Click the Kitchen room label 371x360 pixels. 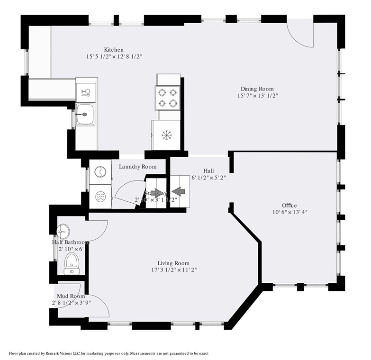(x=114, y=50)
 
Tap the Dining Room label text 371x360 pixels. (x=257, y=89)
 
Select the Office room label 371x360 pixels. (x=289, y=205)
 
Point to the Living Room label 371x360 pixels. (x=173, y=263)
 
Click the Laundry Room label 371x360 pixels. (x=137, y=167)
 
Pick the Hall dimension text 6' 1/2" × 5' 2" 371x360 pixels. (x=208, y=178)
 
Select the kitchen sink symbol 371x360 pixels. (x=85, y=115)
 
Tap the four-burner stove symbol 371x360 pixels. (x=168, y=97)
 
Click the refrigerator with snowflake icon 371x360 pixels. (x=166, y=135)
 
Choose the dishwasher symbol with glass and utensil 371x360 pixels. (x=86, y=92)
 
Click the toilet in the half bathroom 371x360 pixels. (x=71, y=261)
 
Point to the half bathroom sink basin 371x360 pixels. (x=63, y=232)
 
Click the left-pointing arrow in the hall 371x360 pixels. (x=178, y=191)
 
